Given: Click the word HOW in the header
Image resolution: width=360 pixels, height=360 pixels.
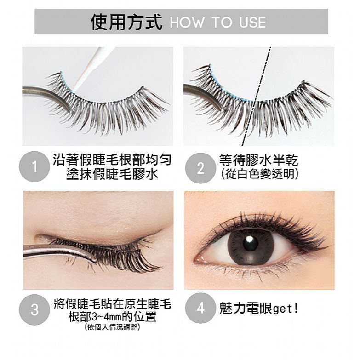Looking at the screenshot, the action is coord(187,23).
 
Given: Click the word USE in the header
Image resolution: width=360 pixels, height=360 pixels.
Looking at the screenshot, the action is coord(252,23).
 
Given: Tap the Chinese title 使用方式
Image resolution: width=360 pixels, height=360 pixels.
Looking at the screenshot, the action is coord(126,22).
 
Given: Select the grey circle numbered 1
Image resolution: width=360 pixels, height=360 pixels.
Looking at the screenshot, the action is coord(34,166).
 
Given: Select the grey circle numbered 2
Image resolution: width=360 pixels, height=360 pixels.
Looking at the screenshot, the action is coord(200,168).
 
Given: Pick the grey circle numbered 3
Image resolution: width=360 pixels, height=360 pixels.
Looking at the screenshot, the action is coord(34,309).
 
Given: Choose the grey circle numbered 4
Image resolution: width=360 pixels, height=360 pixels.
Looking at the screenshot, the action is coord(200,308).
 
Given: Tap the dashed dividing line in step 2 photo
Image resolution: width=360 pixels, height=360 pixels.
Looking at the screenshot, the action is coord(257,97).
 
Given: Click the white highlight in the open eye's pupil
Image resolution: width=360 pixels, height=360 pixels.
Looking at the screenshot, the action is coord(249,240).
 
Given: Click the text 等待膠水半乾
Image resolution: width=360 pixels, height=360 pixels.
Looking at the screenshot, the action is coord(258,160).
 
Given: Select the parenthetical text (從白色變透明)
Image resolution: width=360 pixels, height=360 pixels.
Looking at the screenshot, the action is coord(259,174).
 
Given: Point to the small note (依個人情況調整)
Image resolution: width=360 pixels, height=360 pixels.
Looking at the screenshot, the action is coord(112,327).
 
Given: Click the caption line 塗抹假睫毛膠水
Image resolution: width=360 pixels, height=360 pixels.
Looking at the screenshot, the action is coord(112,174).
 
